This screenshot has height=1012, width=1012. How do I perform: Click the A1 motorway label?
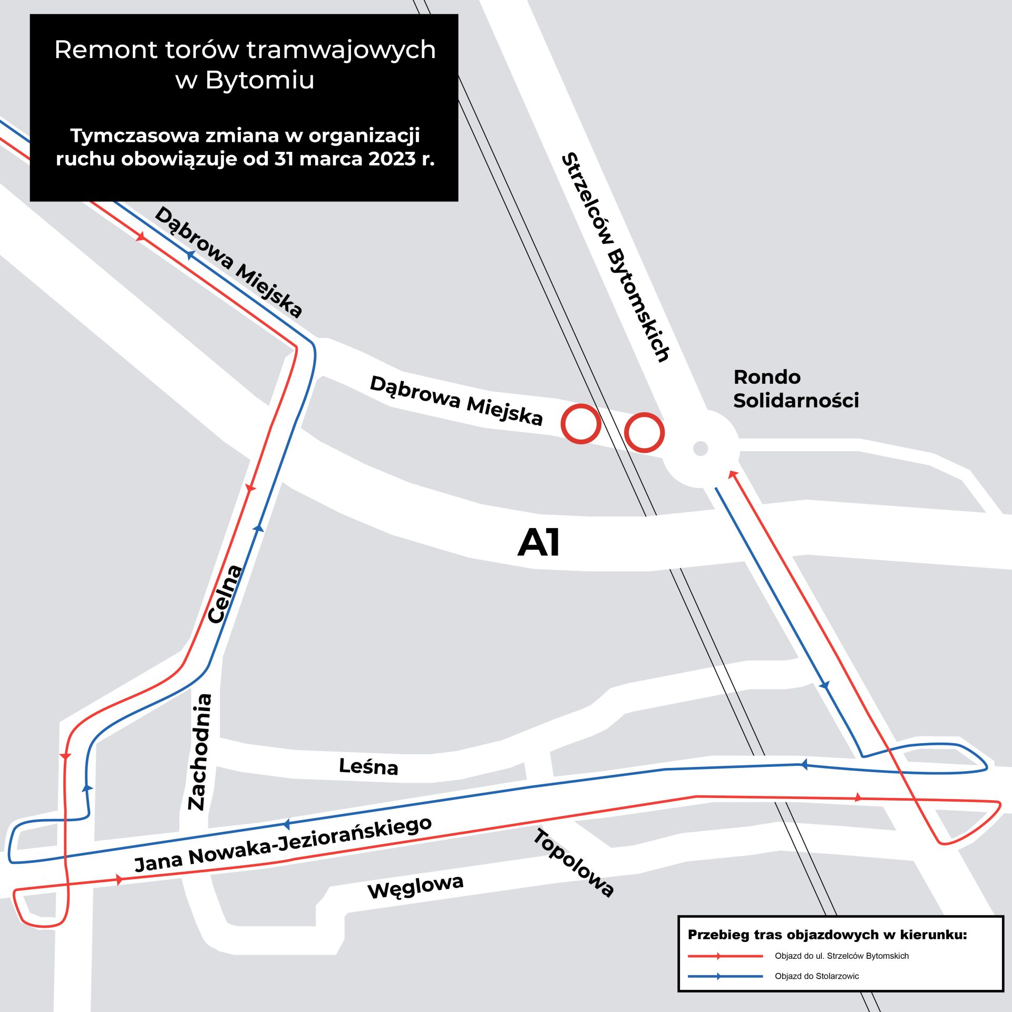(x=538, y=543)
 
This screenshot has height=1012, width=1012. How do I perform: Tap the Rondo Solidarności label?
(x=796, y=388)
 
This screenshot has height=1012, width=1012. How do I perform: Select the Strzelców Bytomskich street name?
(x=616, y=257)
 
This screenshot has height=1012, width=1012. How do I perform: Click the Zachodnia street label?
(x=200, y=752)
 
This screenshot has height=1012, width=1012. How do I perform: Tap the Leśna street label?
(x=368, y=766)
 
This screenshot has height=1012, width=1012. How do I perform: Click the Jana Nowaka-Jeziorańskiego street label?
(x=283, y=845)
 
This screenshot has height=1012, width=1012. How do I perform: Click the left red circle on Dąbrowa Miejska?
(x=581, y=424)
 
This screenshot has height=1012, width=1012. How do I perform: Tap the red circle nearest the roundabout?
(x=644, y=433)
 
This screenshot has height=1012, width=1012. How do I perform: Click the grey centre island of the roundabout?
(x=700, y=449)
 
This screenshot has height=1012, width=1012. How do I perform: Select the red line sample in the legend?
(x=725, y=956)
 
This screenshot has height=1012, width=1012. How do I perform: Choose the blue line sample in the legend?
(x=725, y=977)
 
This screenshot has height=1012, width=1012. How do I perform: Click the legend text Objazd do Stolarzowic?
(x=816, y=977)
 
